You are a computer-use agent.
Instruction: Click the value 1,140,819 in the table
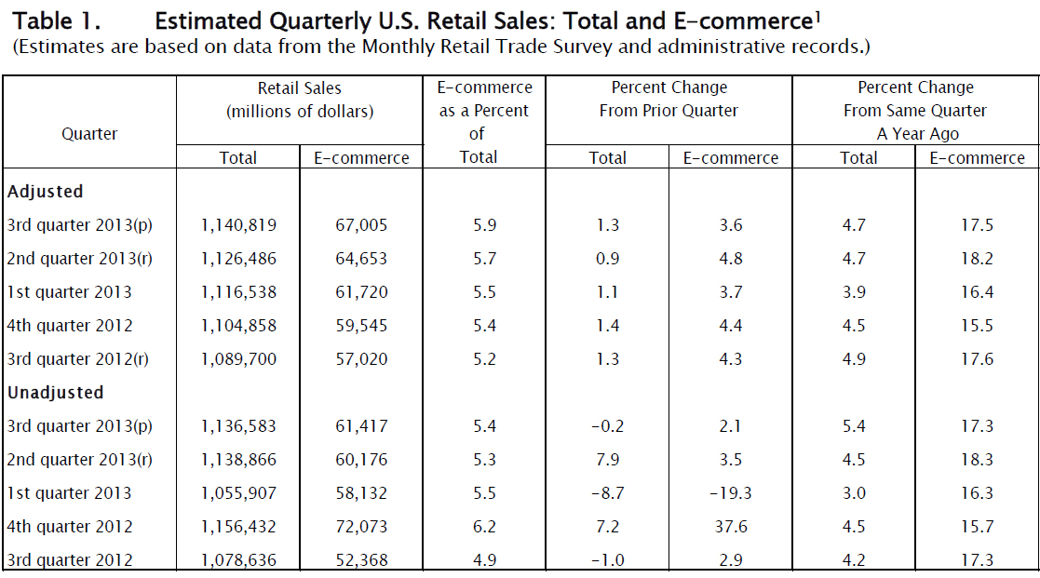[238, 225]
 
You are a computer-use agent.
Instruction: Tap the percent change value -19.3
[731, 493]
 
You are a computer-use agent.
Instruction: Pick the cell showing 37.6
[731, 527]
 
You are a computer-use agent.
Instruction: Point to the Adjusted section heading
[46, 192]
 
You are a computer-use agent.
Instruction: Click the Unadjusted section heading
[55, 393]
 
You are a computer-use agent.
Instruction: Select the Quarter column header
[89, 134]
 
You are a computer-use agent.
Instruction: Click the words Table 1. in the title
[55, 20]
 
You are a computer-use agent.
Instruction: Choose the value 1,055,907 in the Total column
[238, 493]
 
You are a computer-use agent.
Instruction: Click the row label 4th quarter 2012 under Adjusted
[70, 326]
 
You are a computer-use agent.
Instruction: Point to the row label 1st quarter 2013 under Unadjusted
[70, 493]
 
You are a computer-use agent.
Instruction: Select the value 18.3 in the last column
[977, 460]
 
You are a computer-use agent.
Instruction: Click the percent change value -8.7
[607, 493]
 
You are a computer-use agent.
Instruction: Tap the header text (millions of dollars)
[300, 112]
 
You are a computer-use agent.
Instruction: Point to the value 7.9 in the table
[607, 460]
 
